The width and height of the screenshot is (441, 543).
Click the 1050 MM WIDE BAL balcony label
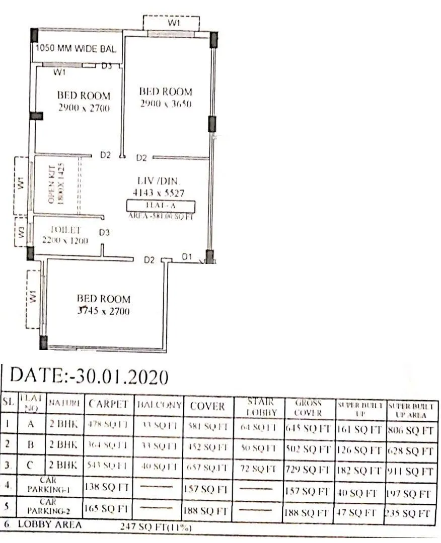pyautogui.click(x=76, y=49)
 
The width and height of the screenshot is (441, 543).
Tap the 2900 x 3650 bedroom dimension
pyautogui.click(x=166, y=106)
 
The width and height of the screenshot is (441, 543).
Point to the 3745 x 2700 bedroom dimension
pyautogui.click(x=104, y=311)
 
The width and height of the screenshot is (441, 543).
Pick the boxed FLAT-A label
pyautogui.click(x=161, y=205)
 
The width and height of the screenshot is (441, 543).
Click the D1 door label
pyautogui.click(x=187, y=257)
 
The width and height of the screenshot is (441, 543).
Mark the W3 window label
pyautogui.click(x=21, y=232)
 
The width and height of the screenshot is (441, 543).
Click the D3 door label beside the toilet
pyautogui.click(x=104, y=232)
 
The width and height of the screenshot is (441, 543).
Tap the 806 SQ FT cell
pyautogui.click(x=411, y=430)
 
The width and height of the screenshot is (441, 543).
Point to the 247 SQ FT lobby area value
pyautogui.click(x=155, y=527)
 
